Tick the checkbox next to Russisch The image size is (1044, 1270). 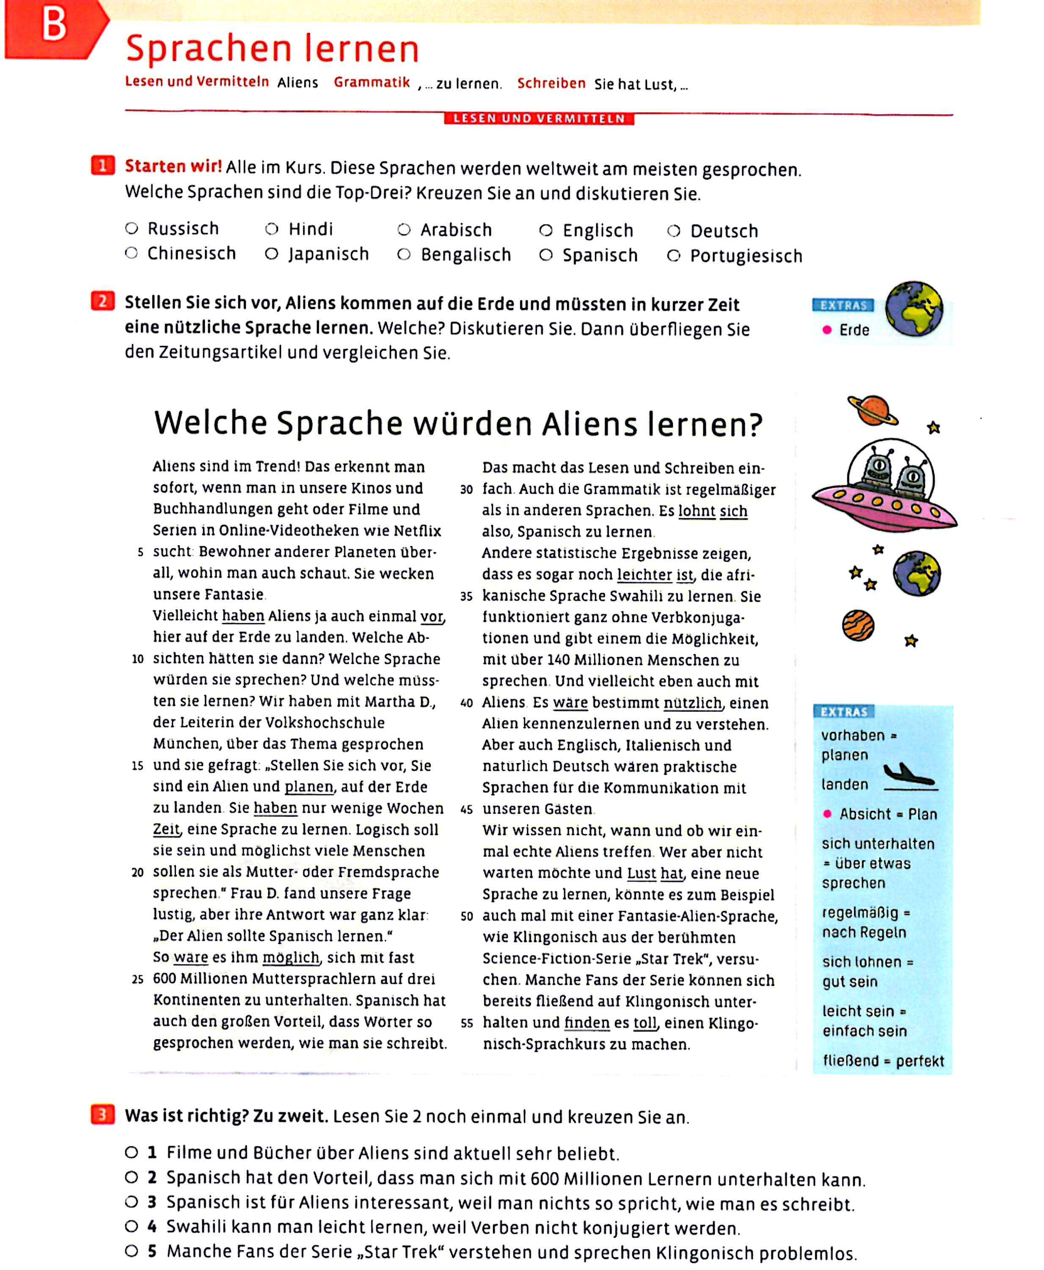tap(131, 229)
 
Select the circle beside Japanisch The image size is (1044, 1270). tap(272, 254)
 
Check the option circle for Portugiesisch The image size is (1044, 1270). tap(674, 256)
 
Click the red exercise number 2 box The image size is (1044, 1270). tap(103, 301)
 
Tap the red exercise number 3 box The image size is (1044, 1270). tap(102, 1115)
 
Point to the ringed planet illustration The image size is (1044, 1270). tap(873, 411)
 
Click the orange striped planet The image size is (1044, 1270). tap(858, 626)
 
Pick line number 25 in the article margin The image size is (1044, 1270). tap(138, 979)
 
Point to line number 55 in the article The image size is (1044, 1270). tap(467, 1023)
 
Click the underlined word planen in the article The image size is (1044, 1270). tap(309, 787)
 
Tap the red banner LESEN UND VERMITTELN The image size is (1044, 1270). tap(539, 119)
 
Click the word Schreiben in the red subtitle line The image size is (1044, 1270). tap(551, 84)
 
